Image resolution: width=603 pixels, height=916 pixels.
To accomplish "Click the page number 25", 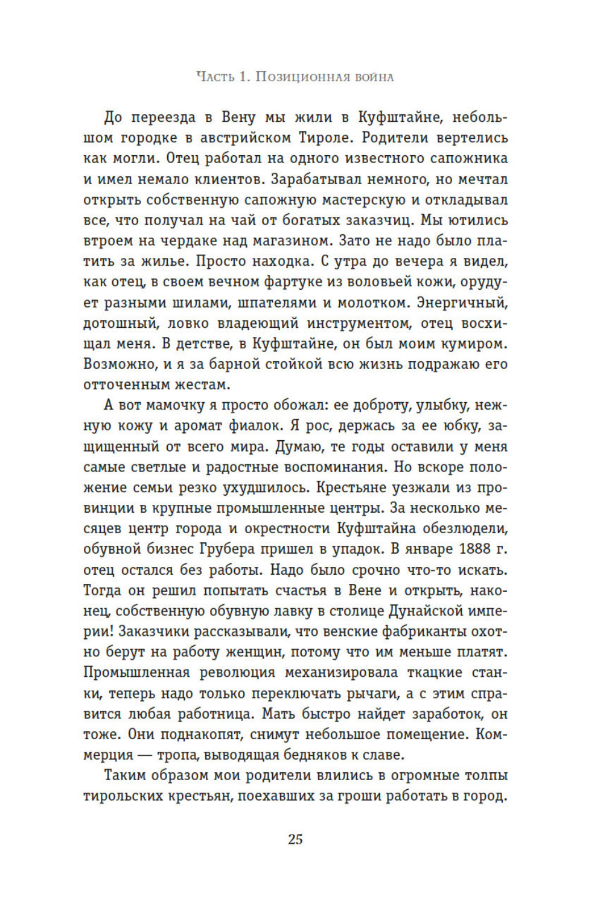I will pyautogui.click(x=295, y=839).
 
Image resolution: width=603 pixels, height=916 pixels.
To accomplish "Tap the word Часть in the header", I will pyautogui.click(x=214, y=77).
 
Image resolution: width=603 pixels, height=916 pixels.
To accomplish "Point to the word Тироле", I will pyautogui.click(x=325, y=138).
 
